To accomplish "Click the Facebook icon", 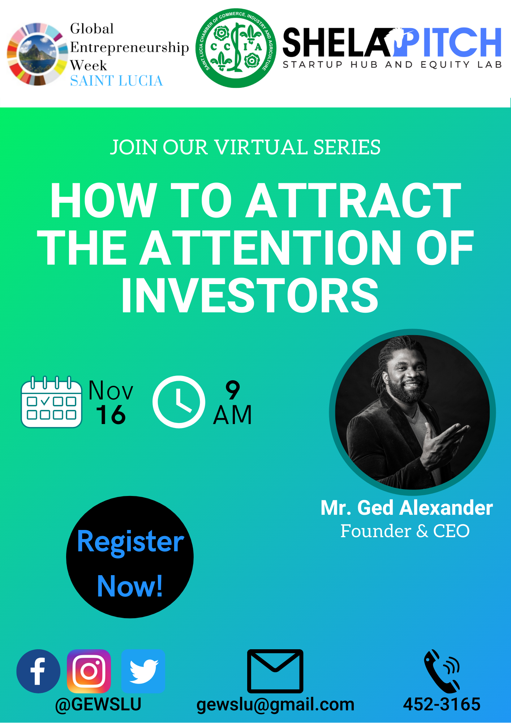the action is [38, 671].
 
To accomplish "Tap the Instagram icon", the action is [89, 671].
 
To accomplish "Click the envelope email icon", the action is [275, 671].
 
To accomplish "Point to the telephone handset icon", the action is [442, 671].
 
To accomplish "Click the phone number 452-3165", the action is [442, 705].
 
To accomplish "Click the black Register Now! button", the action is [130, 557].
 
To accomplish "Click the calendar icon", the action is [51, 402].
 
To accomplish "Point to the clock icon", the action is [179, 402].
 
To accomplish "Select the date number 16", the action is [111, 415].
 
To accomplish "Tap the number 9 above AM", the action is [233, 390].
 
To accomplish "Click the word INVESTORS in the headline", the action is [250, 295].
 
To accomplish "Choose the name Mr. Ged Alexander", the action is [407, 508].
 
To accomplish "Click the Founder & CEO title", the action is [405, 531].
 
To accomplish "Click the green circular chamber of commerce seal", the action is [236, 48].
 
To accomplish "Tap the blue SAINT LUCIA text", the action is [116, 81].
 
